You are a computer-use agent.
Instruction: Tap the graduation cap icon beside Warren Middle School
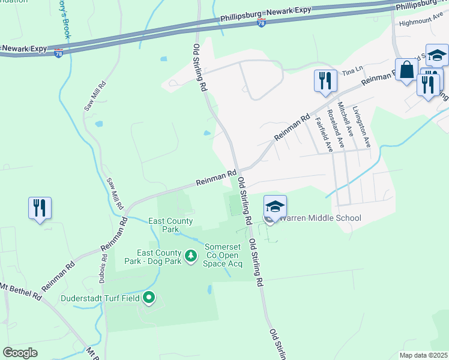[275, 207]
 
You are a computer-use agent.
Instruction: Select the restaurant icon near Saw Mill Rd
[40, 208]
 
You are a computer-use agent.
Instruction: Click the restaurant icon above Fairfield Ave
[325, 80]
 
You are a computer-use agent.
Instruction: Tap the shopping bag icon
[406, 69]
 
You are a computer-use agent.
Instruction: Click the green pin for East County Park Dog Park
[191, 257]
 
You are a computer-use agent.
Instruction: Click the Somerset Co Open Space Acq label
[223, 255]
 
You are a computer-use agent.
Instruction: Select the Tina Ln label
[349, 72]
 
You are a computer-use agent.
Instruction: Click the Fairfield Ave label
[324, 134]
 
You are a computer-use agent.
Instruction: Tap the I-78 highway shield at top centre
[261, 22]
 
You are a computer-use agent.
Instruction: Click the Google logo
[20, 353]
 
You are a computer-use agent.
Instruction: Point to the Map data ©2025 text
[423, 355]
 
